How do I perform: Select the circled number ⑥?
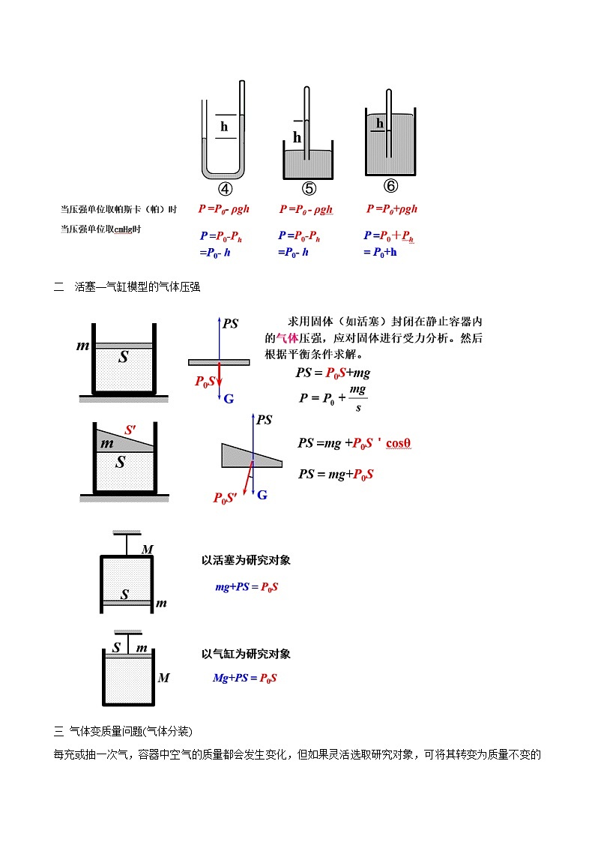390,186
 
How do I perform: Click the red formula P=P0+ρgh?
392,209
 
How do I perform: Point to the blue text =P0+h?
381,252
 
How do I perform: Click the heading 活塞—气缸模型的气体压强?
137,286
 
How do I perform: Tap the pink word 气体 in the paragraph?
287,338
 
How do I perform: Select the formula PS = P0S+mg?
333,373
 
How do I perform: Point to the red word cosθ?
399,443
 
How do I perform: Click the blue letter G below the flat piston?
229,399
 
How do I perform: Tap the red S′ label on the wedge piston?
130,430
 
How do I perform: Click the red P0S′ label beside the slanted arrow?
226,498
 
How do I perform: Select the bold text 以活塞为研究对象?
245,560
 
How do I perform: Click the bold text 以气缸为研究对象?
245,654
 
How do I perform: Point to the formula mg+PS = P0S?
247,587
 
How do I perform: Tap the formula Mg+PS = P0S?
245,678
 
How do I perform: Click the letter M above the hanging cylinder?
148,550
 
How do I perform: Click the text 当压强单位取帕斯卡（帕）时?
118,210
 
